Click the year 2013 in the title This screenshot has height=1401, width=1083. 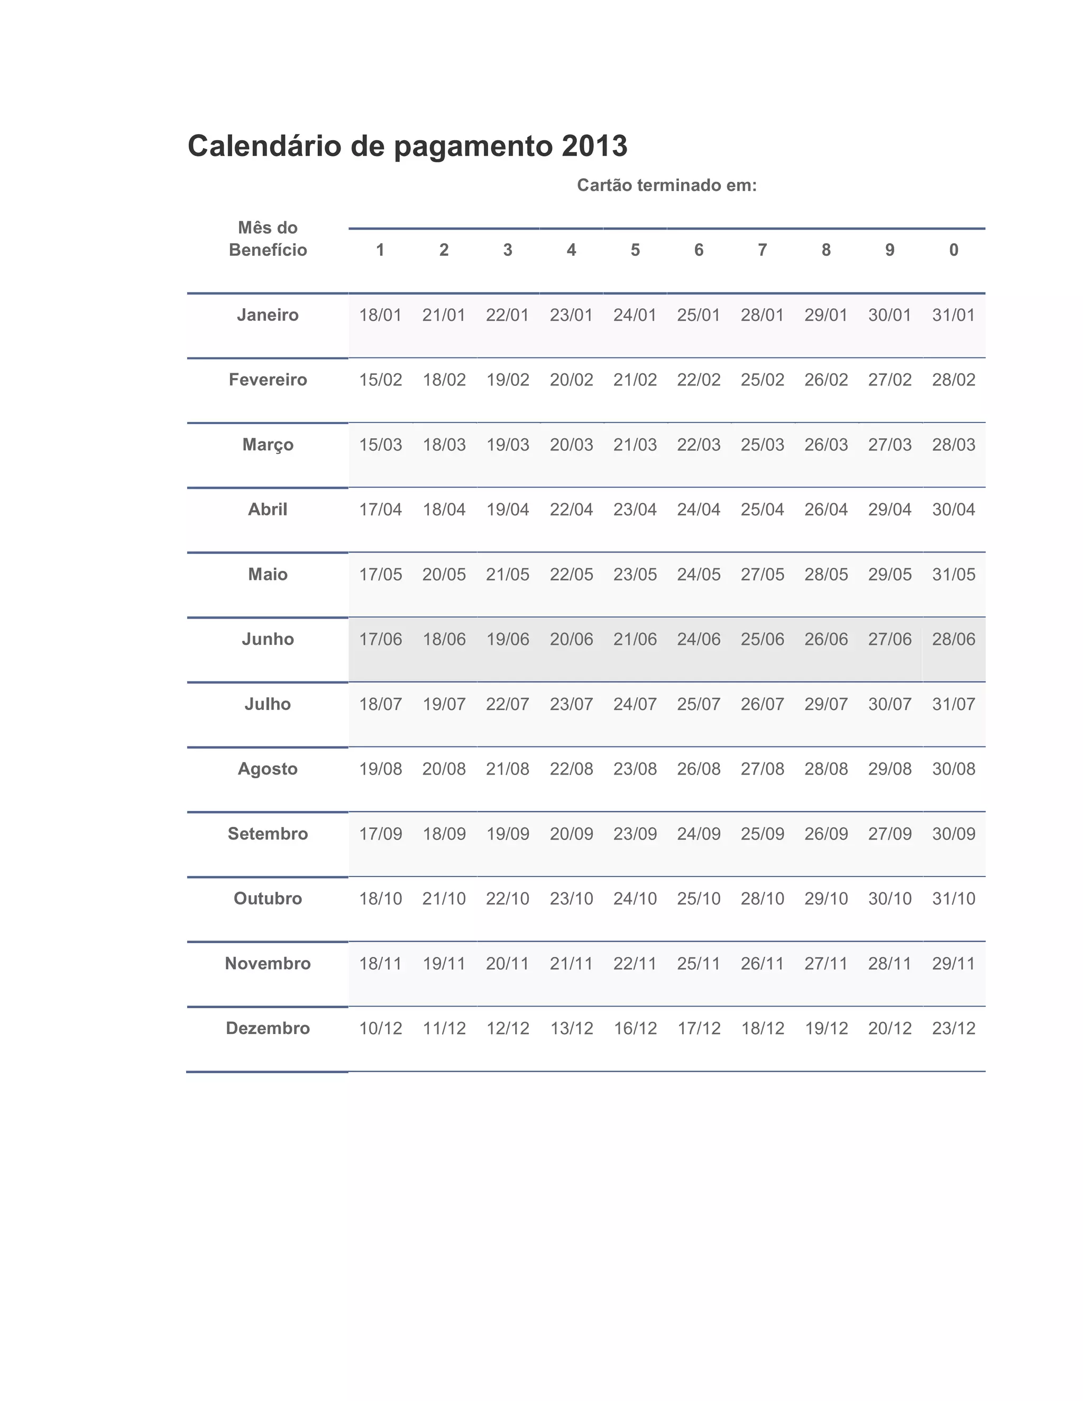tap(594, 146)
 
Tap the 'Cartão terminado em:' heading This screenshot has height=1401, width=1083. tap(667, 186)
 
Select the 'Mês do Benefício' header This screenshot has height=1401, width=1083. tap(268, 238)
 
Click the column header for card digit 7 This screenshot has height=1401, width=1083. tap(762, 250)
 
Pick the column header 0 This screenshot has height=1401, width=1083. tap(953, 250)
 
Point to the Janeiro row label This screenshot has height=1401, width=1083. tap(268, 315)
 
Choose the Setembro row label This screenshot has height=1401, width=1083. tap(268, 834)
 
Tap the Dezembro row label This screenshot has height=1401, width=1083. tap(268, 1028)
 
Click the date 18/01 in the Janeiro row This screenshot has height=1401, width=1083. tap(380, 315)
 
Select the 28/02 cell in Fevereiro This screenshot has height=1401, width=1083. tap(953, 380)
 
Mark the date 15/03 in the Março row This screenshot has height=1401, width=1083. tap(380, 445)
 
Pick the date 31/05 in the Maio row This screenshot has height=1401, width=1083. tap(953, 574)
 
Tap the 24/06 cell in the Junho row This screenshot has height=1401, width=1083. tap(699, 639)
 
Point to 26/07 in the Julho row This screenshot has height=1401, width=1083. tap(762, 704)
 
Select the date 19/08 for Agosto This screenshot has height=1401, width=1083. tap(380, 769)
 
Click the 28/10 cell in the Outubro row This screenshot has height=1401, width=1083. tap(762, 899)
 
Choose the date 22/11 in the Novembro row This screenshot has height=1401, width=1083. tap(635, 963)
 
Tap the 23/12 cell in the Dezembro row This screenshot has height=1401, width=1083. tap(953, 1028)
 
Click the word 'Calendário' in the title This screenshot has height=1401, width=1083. tap(264, 146)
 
